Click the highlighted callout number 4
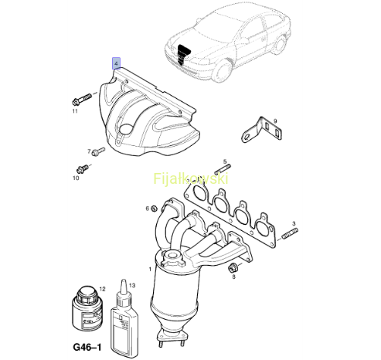coord(116,63)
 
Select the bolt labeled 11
coord(81,99)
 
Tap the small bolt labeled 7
coord(99,151)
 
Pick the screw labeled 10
coord(83,169)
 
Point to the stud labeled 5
coord(223,169)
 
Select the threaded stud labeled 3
coord(291,233)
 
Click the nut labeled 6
coord(154,208)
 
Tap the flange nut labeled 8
coord(233,268)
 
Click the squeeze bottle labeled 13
coord(124,318)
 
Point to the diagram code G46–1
coord(87,347)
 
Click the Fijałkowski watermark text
coord(191,178)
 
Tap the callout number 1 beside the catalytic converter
coord(150,270)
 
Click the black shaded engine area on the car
coord(184,55)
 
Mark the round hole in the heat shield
coord(127,129)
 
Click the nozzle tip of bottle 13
coord(124,280)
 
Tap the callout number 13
coord(132,285)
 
